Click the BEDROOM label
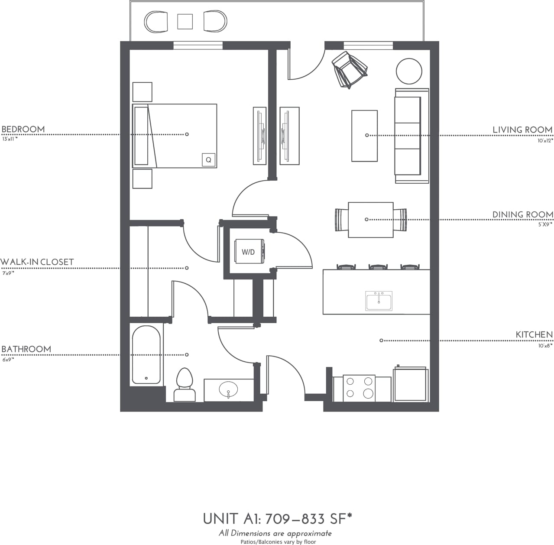click(23, 129)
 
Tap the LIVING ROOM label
click(522, 130)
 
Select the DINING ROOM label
click(522, 214)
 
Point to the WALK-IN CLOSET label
click(37, 262)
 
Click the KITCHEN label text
click(534, 334)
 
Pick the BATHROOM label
click(26, 349)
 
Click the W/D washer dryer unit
click(249, 251)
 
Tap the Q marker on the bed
click(208, 160)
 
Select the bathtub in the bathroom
click(146, 355)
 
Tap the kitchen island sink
click(379, 301)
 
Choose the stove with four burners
click(359, 388)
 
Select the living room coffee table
click(364, 136)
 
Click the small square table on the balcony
click(185, 21)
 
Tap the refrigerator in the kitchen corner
click(410, 384)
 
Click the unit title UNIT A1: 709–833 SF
click(277, 518)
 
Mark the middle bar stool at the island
click(378, 267)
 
